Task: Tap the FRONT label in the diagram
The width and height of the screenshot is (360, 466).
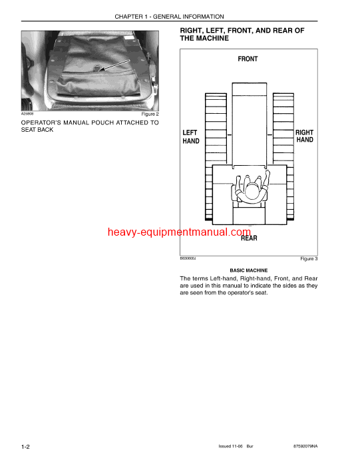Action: [248, 59]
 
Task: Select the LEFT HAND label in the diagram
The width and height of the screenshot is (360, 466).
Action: [190, 137]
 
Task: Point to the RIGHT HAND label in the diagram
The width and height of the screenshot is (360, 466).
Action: [304, 137]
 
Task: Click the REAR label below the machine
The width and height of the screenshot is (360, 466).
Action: [249, 238]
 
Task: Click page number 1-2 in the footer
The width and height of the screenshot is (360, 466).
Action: [27, 445]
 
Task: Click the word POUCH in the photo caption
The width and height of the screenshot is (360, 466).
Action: [95, 122]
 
